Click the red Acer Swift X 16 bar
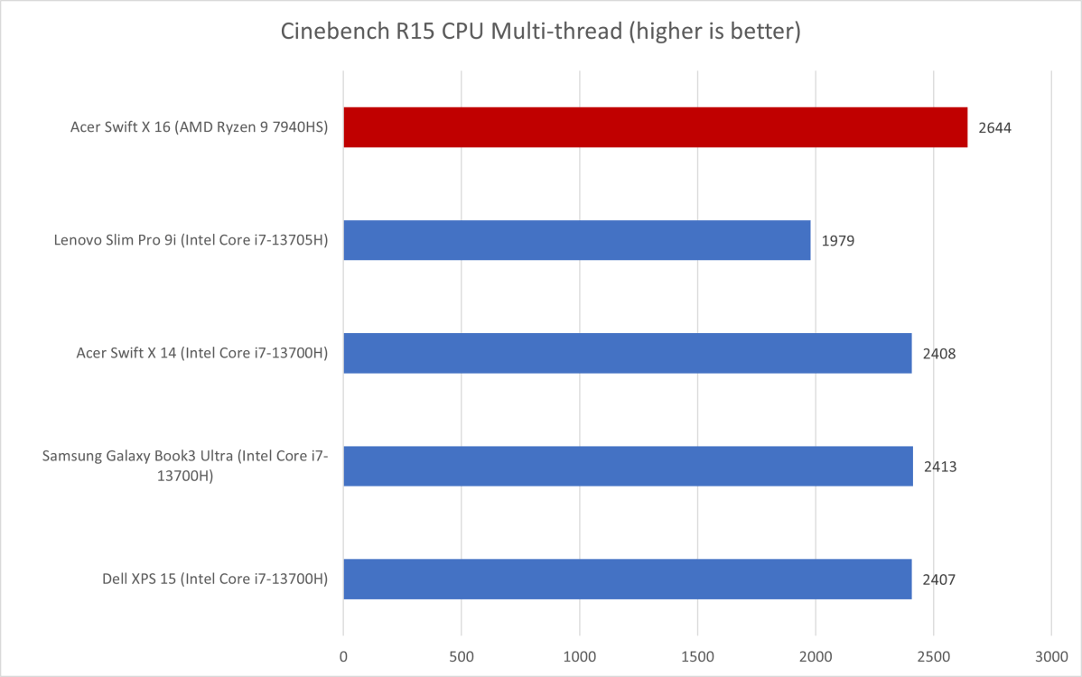(655, 127)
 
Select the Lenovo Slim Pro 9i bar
(576, 240)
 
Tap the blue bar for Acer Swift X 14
(627, 353)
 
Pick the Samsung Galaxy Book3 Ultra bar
(628, 466)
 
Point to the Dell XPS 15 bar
(627, 579)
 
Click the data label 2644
(994, 128)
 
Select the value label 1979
(838, 241)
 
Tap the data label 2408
(939, 354)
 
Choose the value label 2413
(940, 467)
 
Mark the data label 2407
(939, 580)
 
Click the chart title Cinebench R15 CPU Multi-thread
(541, 32)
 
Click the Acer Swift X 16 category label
(199, 128)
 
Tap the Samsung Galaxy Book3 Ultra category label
(185, 467)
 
